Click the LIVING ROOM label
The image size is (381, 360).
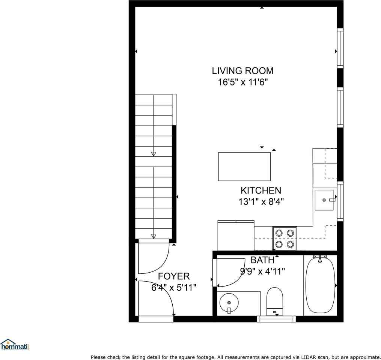coord(242,70)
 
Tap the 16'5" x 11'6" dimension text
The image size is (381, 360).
coord(242,82)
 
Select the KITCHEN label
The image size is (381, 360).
coord(261,190)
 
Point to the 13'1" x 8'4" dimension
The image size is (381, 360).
coord(261,202)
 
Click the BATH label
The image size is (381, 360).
coord(262,260)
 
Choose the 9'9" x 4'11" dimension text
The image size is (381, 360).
coord(262,271)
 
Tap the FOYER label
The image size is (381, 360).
coord(174,276)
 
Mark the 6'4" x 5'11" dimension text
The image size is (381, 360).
coord(174,288)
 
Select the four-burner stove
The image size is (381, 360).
coord(285,238)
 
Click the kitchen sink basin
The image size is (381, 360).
coord(324,200)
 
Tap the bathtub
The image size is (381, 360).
coord(320,285)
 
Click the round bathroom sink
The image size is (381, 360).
coord(228,301)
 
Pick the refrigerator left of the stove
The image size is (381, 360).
coord(236,235)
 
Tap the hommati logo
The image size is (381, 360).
coord(15,345)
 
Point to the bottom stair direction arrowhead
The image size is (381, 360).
coord(154,236)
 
